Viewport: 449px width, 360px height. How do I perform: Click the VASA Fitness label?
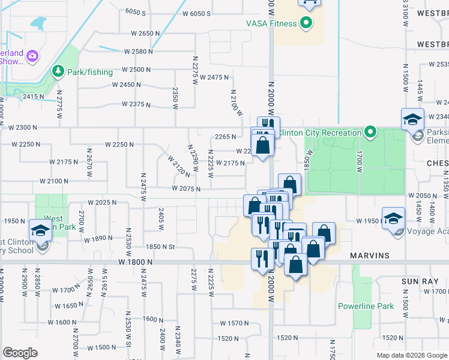click(271, 23)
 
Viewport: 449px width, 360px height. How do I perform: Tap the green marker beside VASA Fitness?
click(306, 23)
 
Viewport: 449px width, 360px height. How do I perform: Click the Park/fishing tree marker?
click(58, 72)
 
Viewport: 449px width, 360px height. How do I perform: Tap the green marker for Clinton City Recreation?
click(370, 132)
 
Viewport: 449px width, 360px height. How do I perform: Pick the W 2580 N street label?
click(138, 52)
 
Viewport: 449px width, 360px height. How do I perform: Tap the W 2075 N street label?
click(185, 188)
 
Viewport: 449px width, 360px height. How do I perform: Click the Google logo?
click(20, 353)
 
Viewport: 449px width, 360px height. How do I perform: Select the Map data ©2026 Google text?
click(412, 355)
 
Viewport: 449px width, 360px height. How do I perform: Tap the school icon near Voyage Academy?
click(393, 218)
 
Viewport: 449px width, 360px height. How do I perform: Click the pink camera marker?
click(32, 56)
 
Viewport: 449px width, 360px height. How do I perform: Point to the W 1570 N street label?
click(234, 323)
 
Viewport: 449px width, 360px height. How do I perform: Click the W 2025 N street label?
click(102, 202)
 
